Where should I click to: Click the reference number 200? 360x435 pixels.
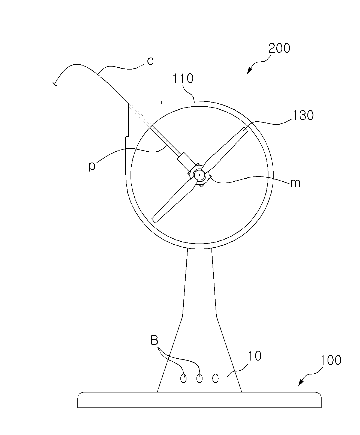(x=279, y=48)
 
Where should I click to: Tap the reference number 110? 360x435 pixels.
(x=183, y=79)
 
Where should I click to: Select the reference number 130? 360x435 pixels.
(x=303, y=115)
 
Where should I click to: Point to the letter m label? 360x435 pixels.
(x=295, y=183)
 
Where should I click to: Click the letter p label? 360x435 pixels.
(x=92, y=166)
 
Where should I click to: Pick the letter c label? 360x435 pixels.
(x=150, y=61)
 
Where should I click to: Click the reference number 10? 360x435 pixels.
(x=255, y=356)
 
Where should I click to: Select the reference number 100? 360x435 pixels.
(x=331, y=360)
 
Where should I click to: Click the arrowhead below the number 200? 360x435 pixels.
(x=249, y=71)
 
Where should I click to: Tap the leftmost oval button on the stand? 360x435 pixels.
(x=183, y=378)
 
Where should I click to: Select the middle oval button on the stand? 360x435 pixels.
(x=199, y=378)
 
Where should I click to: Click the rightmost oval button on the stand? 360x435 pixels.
(x=215, y=378)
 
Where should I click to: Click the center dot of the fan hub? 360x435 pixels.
(x=199, y=175)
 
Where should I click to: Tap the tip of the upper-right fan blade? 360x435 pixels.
(x=246, y=130)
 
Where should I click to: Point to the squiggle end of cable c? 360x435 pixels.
(x=54, y=84)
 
